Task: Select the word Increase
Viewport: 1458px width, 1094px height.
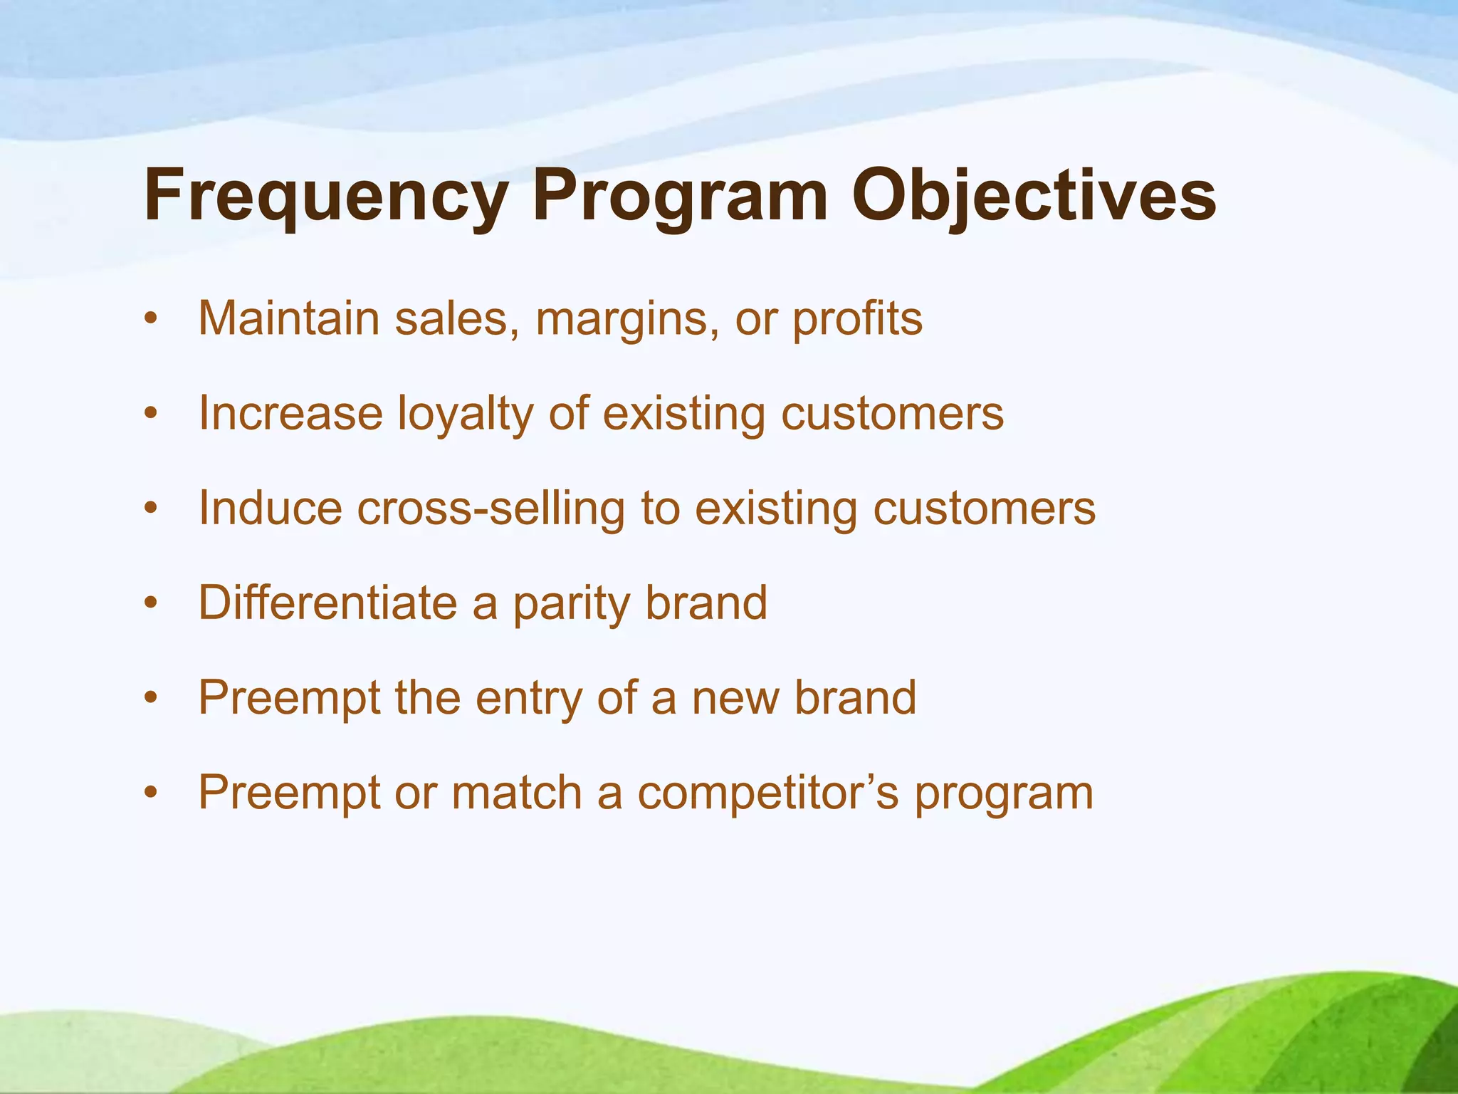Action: (290, 413)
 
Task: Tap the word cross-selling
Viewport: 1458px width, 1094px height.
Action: (491, 509)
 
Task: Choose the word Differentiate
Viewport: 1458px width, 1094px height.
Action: (327, 603)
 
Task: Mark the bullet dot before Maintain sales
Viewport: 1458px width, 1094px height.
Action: (150, 320)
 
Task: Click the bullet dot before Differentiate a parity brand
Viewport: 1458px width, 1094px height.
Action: (150, 604)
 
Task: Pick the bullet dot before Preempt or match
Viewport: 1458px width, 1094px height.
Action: (150, 793)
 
